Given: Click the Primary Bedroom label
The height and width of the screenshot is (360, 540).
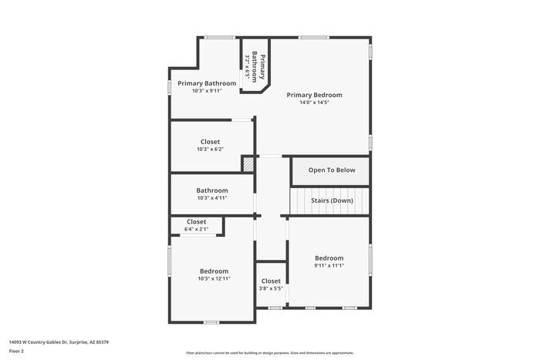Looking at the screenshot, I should tap(314, 95).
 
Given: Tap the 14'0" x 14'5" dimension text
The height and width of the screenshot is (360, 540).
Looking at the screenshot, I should tap(314, 103).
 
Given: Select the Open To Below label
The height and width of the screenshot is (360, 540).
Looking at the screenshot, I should tap(332, 170).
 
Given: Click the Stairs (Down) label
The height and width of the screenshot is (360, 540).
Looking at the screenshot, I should tap(332, 200).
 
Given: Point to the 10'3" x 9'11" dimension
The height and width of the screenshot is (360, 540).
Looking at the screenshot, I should tap(207, 91).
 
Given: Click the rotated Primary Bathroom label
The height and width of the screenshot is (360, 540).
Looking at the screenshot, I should tap(262, 68).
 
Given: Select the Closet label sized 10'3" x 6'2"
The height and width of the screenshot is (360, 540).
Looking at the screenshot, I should tap(210, 142).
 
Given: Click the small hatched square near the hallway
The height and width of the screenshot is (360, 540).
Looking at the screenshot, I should tap(248, 163).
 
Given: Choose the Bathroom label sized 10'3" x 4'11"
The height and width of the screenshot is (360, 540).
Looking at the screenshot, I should tap(211, 190).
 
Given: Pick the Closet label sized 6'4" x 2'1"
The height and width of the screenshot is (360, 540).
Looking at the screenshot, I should tap(196, 222).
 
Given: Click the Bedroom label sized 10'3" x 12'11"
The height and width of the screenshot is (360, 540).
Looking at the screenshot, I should tap(214, 271).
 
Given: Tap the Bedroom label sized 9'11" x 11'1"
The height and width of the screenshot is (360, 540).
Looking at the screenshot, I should tap(329, 257).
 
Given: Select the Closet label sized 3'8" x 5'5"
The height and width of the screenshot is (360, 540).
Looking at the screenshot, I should tap(271, 281).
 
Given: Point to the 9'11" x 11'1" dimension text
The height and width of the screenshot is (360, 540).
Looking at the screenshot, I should tap(329, 265).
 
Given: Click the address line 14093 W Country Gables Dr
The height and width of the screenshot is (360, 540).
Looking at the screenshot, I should tap(59, 341).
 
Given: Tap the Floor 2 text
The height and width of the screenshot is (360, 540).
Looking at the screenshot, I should tap(16, 351).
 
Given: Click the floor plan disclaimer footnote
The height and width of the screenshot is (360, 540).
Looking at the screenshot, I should tap(269, 352).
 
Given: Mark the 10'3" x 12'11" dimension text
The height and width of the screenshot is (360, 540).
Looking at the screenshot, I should tap(214, 279).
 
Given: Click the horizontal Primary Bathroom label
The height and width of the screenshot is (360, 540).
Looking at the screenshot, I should tap(207, 83).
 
